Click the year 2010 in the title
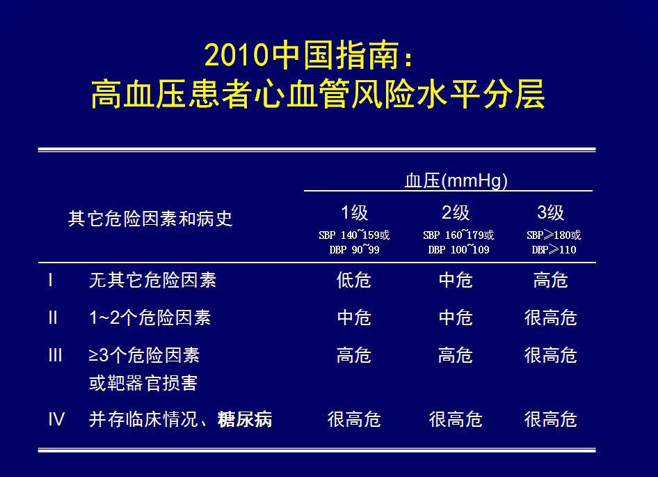point(236,55)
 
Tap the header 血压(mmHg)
point(456,181)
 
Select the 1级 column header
point(354,212)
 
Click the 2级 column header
point(456,212)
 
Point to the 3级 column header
point(551,212)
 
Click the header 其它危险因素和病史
point(150,219)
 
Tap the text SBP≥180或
point(554,235)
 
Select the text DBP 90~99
point(354,249)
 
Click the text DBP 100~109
point(458,249)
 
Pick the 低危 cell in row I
point(354,280)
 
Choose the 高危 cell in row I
point(551,280)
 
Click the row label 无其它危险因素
point(153,280)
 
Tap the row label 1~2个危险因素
point(150,318)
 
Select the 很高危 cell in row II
point(551,318)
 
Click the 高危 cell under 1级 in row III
point(354,355)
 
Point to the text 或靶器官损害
point(143,383)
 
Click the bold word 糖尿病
point(245,419)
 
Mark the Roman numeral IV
point(56,419)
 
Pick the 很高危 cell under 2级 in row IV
point(456,419)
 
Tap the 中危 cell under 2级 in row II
point(456,318)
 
